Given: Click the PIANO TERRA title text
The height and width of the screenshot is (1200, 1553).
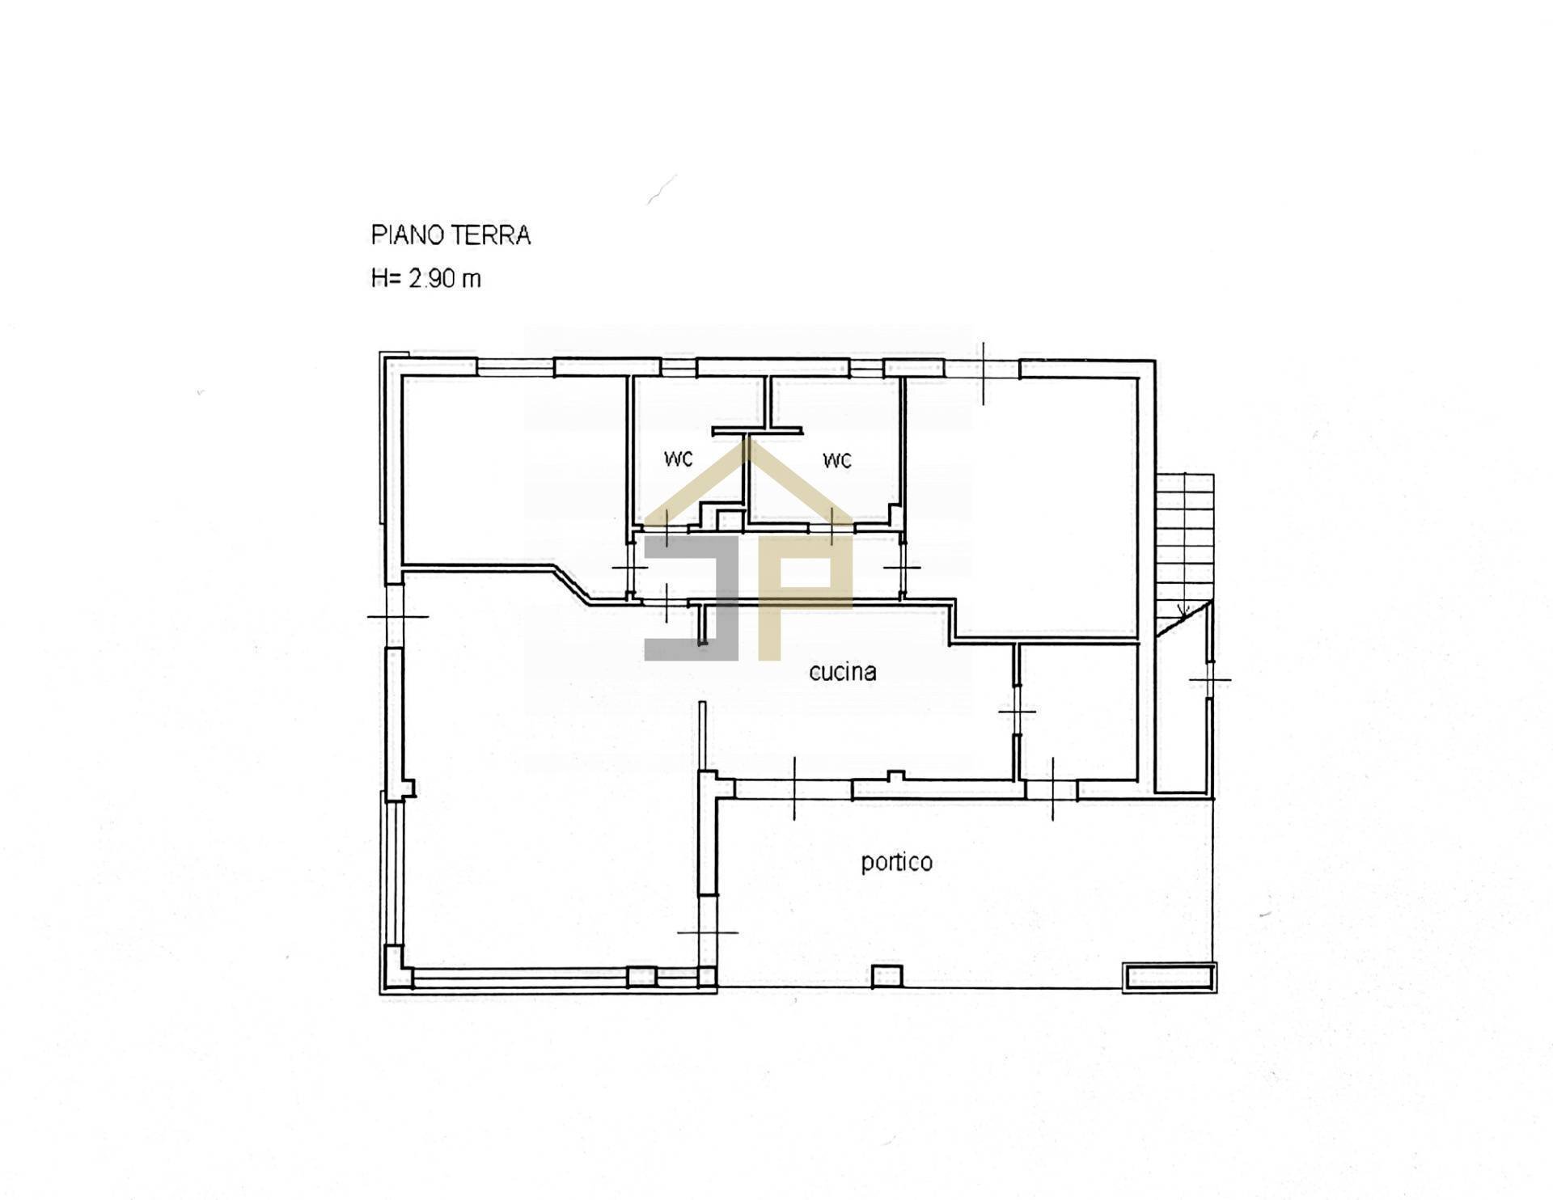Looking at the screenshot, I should [451, 235].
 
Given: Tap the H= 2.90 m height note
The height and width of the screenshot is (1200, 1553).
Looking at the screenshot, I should [425, 279].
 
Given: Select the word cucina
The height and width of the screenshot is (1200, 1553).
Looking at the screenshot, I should [842, 672].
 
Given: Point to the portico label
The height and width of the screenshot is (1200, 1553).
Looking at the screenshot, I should [896, 862].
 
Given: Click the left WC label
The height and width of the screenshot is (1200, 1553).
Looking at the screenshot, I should [678, 459].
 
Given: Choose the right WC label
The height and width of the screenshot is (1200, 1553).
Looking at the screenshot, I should [836, 461].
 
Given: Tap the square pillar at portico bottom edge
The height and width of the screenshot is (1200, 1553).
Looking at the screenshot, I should [887, 976].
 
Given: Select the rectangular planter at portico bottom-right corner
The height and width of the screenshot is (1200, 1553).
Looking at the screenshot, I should [1169, 977].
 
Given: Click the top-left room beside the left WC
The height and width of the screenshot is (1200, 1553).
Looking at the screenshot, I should [514, 469].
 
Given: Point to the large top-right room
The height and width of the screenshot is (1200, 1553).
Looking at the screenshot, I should [1023, 501].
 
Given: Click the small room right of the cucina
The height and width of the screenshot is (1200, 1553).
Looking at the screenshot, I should [1078, 712].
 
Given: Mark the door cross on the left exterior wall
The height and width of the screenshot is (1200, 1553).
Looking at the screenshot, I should [397, 618].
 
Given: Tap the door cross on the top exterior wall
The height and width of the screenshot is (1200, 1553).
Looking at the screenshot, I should [984, 372].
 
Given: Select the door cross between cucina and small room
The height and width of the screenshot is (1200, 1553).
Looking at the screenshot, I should [1017, 712].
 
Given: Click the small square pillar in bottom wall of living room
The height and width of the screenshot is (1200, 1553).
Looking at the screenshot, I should [641, 977].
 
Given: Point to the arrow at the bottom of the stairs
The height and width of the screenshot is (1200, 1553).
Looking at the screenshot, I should [1181, 611].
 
